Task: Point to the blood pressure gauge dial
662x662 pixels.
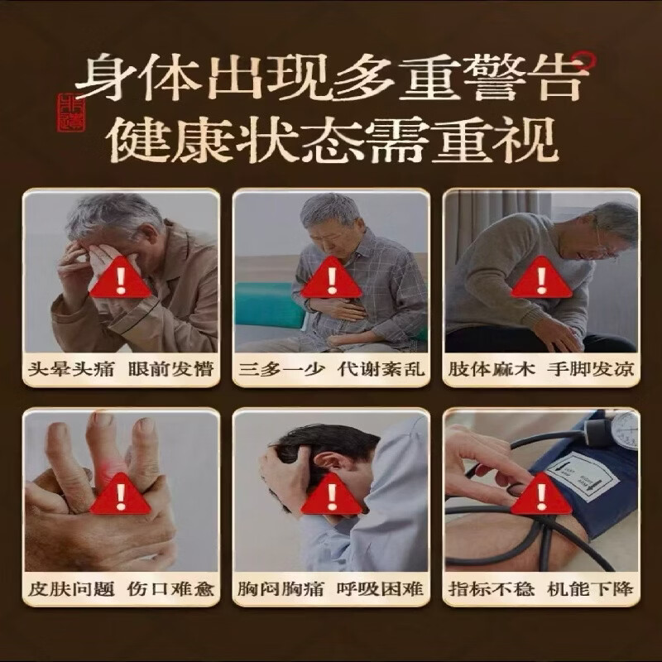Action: [622, 428]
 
